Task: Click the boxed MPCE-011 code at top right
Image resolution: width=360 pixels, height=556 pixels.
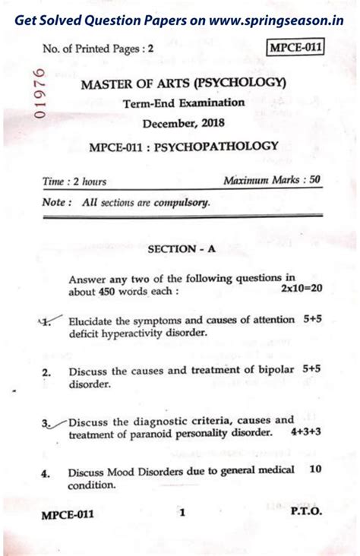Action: point(295,48)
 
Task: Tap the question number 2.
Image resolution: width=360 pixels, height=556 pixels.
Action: point(46,373)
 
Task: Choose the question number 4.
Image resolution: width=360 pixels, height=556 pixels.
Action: point(46,472)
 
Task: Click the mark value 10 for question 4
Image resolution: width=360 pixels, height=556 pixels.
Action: point(315,469)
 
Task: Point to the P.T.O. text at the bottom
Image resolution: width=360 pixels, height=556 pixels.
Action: point(306,513)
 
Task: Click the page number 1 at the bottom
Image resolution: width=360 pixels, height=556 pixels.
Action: point(182,513)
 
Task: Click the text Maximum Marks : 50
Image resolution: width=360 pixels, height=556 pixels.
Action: point(273,180)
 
